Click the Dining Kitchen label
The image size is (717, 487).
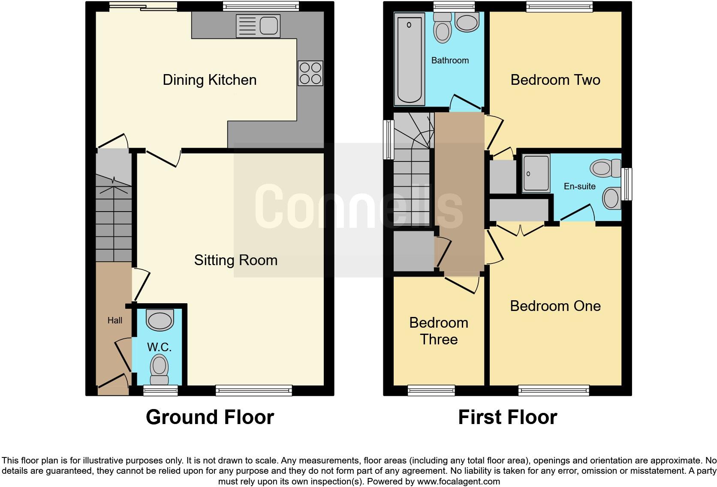pyautogui.click(x=209, y=80)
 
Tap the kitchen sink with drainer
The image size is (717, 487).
pyautogui.click(x=258, y=26)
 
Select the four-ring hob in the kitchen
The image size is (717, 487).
pyautogui.click(x=310, y=73)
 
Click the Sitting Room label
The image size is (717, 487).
pyautogui.click(x=235, y=260)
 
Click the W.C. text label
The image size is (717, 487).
pyautogui.click(x=159, y=347)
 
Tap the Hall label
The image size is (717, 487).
pyautogui.click(x=114, y=320)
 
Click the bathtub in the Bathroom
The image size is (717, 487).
pyautogui.click(x=409, y=59)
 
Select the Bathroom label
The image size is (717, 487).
pyautogui.click(x=450, y=60)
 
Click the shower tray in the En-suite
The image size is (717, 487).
pyautogui.click(x=536, y=173)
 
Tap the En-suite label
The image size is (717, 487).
pyautogui.click(x=579, y=186)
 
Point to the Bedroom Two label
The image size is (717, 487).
pyautogui.click(x=555, y=80)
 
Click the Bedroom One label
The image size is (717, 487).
pyautogui.click(x=555, y=306)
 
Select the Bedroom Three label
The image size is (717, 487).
pyautogui.click(x=439, y=331)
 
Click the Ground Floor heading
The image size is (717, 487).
pyautogui.click(x=210, y=417)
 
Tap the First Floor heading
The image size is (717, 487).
pyautogui.click(x=507, y=417)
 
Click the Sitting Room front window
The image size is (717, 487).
pyautogui.click(x=254, y=390)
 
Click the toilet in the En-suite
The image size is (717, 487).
pyautogui.click(x=605, y=167)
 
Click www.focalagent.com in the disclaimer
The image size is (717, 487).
pyautogui.click(x=458, y=481)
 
